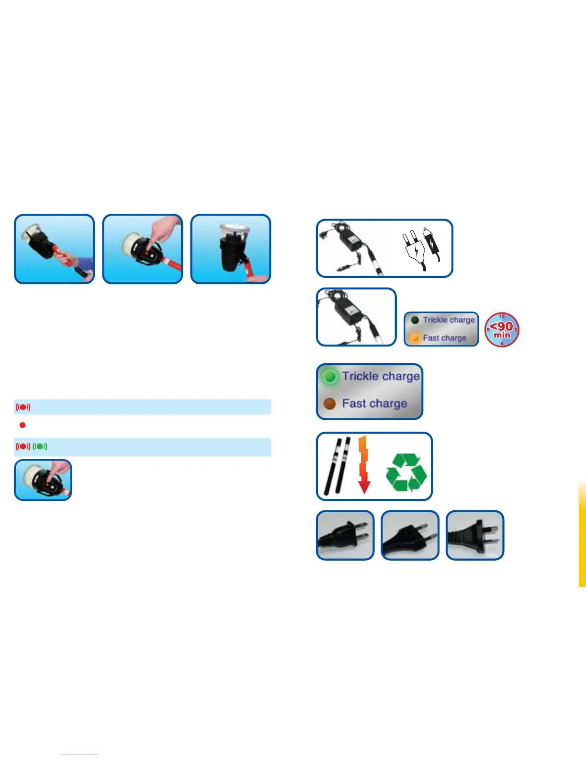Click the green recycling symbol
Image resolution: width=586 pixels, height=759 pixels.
(x=406, y=472)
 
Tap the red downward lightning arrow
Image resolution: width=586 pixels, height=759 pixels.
(x=364, y=465)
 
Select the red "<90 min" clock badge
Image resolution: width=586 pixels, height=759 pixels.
(x=502, y=330)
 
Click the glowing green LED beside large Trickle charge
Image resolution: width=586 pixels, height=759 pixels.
(x=329, y=377)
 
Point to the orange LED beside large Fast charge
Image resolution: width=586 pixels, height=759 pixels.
(x=329, y=404)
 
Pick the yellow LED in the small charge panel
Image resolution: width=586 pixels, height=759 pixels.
(x=415, y=338)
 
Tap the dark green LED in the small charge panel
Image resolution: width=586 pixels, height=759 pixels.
(x=415, y=320)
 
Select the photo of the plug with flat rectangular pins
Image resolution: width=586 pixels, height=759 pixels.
(x=345, y=535)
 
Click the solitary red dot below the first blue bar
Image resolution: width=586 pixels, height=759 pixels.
(x=23, y=425)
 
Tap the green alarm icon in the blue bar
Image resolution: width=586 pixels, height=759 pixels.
(x=40, y=447)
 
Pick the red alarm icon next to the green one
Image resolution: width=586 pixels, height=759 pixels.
(x=23, y=447)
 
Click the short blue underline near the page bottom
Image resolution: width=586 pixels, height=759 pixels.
(x=80, y=755)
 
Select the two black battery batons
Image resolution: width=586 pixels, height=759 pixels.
(x=338, y=465)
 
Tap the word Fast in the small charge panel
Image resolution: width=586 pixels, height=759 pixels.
(x=431, y=338)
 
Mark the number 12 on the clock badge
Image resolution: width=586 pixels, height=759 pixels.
(x=502, y=316)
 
